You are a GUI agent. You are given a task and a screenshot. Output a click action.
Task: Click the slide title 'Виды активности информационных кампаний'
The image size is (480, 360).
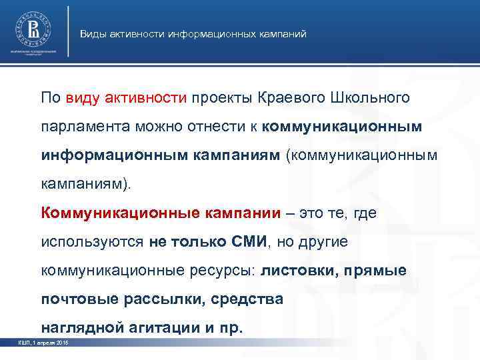click(193, 33)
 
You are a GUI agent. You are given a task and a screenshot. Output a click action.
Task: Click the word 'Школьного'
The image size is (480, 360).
click(370, 99)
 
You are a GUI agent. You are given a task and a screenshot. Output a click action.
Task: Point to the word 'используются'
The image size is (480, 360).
click(91, 241)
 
